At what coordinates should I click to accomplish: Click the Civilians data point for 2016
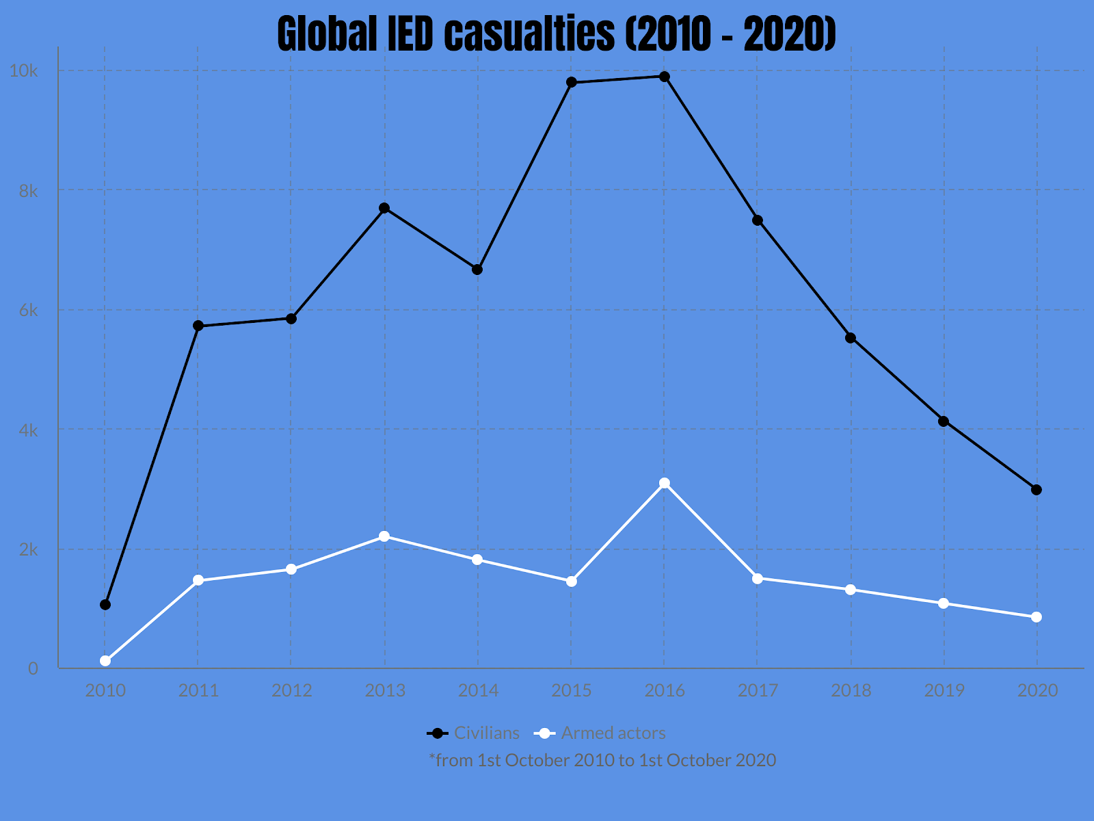pos(664,77)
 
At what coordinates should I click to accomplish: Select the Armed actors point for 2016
pos(664,483)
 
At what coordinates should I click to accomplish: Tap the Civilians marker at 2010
pos(105,605)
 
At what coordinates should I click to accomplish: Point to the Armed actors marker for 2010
pos(105,661)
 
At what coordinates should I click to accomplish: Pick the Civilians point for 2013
pos(384,208)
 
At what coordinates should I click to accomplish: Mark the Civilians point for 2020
pos(1037,490)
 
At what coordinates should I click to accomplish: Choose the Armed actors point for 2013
pos(384,536)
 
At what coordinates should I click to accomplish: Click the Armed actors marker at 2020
pos(1037,617)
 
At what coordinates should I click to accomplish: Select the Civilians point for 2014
pos(477,270)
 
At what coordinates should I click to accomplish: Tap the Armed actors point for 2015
pos(572,582)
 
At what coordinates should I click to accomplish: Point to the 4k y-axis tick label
pos(28,430)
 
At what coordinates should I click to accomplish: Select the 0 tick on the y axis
pos(33,669)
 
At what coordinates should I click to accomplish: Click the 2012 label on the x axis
pos(291,690)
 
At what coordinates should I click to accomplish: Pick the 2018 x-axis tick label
pos(851,690)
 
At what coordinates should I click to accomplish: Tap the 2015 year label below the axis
pos(572,690)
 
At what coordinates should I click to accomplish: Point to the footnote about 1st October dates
pos(602,760)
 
